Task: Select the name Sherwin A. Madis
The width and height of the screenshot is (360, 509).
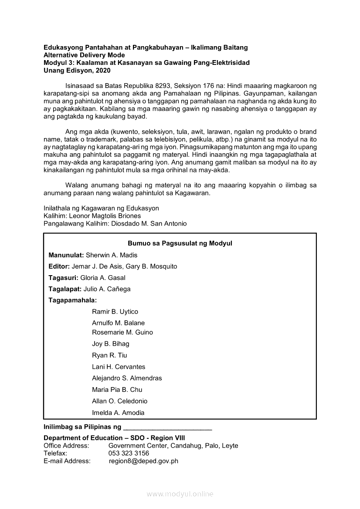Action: pos(112,255)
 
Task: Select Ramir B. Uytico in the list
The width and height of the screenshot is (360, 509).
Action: pos(115,312)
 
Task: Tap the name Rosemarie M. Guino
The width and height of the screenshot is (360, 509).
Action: pos(122,332)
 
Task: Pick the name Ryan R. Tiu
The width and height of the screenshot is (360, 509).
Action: pos(110,355)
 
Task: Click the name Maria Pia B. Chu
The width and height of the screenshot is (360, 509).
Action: pos(117,390)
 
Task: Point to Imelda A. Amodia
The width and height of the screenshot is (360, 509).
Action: pos(118,413)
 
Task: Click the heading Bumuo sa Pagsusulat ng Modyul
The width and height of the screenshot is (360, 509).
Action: pos(180,243)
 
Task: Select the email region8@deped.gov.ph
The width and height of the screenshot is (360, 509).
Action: pos(143,461)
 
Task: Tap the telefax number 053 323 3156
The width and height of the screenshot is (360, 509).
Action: pos(129,453)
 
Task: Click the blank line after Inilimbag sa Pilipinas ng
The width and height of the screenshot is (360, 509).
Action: pos(168,428)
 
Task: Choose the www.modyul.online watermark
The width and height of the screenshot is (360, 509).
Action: pos(180,494)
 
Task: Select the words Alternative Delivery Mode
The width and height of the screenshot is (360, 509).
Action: pos(84,55)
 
